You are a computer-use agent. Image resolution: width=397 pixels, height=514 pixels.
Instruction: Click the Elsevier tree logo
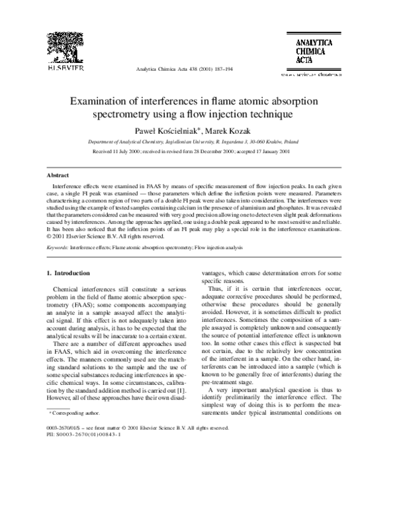click(63, 41)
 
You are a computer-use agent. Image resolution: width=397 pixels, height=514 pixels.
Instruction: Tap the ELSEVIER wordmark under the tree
click(63, 68)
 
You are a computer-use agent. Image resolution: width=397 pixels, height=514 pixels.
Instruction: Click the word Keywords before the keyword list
click(57, 246)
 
